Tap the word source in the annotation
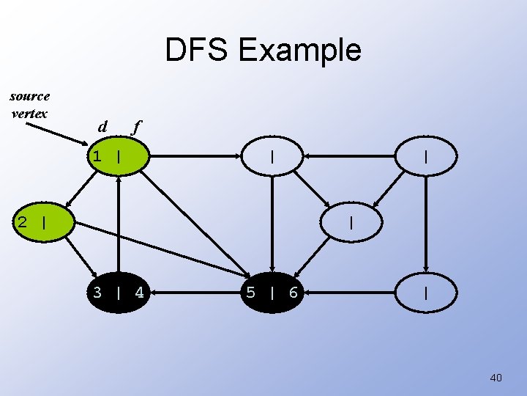[x=30, y=96]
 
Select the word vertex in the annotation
[x=30, y=114]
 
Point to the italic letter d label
[x=102, y=127]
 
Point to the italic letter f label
[x=135, y=127]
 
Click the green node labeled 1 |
[x=119, y=156]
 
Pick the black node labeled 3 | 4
[x=119, y=293]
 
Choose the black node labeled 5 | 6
[x=272, y=293]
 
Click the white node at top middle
[x=272, y=156]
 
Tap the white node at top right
[x=426, y=156]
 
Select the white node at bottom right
[x=426, y=293]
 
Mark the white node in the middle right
[x=351, y=221]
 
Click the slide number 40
[x=496, y=378]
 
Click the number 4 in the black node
[x=138, y=293]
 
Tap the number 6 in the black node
[x=293, y=293]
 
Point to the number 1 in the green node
[x=96, y=156]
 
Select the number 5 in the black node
[x=251, y=293]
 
